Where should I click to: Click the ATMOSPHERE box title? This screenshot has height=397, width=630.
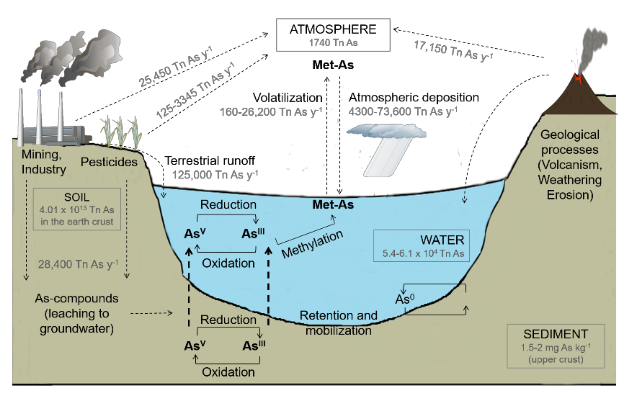(x=333, y=29)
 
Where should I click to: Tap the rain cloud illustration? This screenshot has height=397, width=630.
(x=387, y=131)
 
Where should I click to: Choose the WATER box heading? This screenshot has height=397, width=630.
(x=442, y=240)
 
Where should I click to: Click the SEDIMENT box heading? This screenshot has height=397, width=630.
(x=555, y=334)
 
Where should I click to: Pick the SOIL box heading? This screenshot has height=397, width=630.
(x=77, y=197)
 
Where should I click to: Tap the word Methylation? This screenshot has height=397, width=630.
(x=312, y=244)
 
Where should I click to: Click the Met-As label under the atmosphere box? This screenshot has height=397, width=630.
(x=333, y=65)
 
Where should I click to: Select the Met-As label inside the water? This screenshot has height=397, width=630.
(x=333, y=204)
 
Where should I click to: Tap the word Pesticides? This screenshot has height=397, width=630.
(x=109, y=162)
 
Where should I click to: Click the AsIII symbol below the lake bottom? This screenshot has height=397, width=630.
(x=253, y=345)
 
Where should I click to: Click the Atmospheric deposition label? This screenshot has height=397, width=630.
(x=413, y=98)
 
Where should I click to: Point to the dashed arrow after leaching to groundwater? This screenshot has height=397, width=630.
(x=151, y=313)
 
